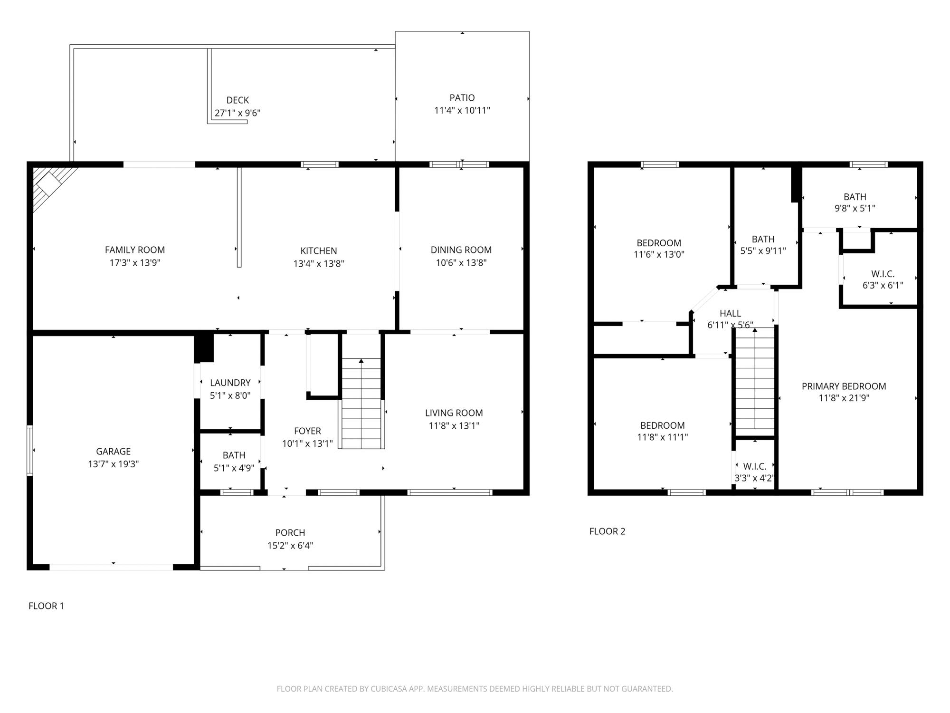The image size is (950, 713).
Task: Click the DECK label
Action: (x=237, y=100)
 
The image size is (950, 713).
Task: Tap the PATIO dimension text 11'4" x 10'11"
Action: (x=462, y=110)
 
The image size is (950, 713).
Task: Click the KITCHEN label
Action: (x=318, y=251)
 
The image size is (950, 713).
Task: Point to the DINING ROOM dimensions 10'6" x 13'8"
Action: (x=461, y=262)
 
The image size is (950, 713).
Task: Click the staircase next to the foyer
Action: (x=361, y=404)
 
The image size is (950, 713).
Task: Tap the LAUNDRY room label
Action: (x=230, y=383)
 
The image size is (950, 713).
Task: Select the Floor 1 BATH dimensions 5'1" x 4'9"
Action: (x=234, y=468)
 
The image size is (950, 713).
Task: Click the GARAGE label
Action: (x=113, y=451)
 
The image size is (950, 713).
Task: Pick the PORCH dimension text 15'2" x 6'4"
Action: (x=290, y=545)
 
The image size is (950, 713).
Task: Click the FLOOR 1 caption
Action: (x=46, y=606)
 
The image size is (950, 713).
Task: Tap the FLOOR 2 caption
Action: (x=607, y=531)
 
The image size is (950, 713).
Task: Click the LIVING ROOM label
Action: (x=454, y=413)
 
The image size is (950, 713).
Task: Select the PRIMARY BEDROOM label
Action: (x=844, y=386)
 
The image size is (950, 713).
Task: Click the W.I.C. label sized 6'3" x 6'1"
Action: (x=883, y=274)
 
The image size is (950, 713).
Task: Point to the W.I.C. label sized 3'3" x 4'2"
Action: (x=754, y=466)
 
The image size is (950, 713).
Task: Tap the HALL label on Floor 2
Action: (x=730, y=313)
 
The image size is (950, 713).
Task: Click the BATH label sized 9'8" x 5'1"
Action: (x=855, y=197)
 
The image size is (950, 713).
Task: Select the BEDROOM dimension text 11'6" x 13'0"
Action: (x=658, y=254)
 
